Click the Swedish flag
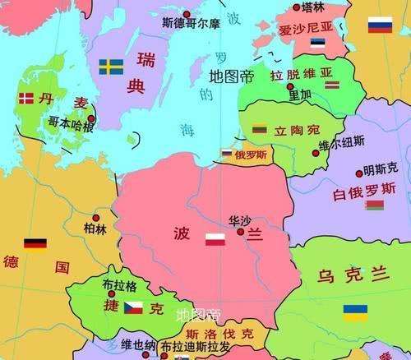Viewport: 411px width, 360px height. (110, 67)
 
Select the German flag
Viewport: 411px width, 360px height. (35, 244)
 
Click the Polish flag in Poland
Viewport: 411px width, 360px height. (215, 239)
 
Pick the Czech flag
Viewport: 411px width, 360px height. (133, 307)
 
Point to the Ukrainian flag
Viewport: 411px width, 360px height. (355, 312)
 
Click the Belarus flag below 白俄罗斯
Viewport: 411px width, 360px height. (375, 205)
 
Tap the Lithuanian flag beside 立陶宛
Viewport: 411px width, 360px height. (260, 129)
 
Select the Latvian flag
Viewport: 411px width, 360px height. (332, 85)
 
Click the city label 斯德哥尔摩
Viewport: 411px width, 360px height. (191, 23)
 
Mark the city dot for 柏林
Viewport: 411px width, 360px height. (96, 218)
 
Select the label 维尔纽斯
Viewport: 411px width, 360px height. (340, 144)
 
